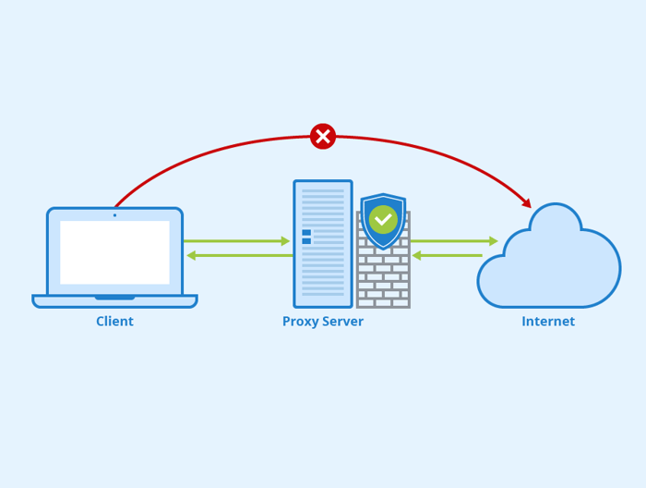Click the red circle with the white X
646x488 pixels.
(x=323, y=137)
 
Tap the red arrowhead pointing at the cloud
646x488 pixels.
(x=526, y=203)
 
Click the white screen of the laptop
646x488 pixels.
(x=114, y=251)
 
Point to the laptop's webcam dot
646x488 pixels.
(x=114, y=215)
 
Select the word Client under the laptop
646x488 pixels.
(x=114, y=322)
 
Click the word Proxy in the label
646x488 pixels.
(x=300, y=322)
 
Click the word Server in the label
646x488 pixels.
(x=342, y=322)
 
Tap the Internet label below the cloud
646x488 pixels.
(x=548, y=322)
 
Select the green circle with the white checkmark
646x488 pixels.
(x=383, y=219)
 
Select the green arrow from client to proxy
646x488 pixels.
(x=237, y=241)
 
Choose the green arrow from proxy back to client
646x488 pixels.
(x=237, y=255)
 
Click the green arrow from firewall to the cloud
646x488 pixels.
(x=454, y=241)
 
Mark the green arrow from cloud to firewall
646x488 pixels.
(x=447, y=255)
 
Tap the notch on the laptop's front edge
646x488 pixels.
(x=114, y=298)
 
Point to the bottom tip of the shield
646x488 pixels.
(x=383, y=249)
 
